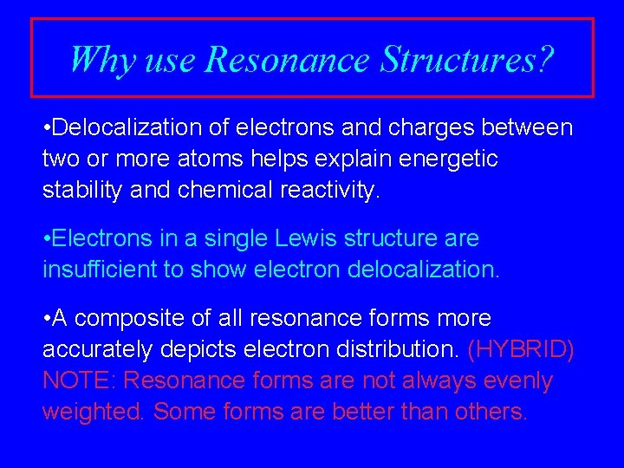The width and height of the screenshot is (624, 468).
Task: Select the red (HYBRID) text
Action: [x=521, y=349]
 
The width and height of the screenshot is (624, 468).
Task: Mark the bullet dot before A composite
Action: [x=46, y=319]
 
